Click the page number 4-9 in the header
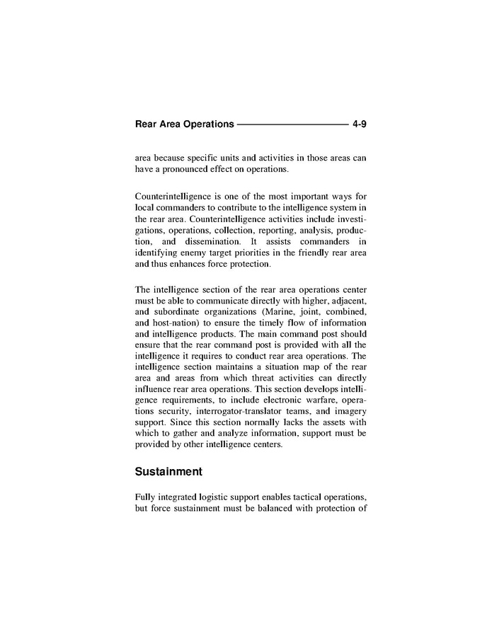point(358,125)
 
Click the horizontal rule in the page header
point(292,125)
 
